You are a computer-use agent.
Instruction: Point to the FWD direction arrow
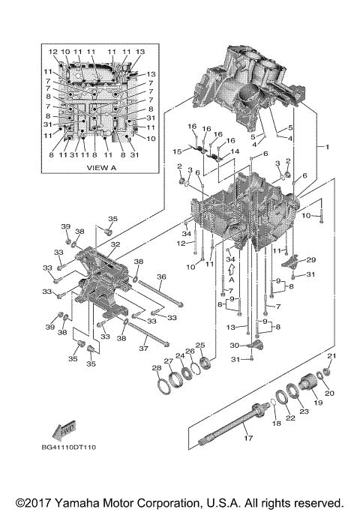click(61, 430)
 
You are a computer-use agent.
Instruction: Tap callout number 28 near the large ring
click(156, 367)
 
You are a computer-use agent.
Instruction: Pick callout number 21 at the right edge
click(331, 355)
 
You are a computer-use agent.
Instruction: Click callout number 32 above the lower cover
click(115, 244)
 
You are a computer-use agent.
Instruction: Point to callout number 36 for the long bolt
click(161, 277)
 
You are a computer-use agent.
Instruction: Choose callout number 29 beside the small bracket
click(311, 259)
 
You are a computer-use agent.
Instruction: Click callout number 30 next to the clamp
click(233, 346)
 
